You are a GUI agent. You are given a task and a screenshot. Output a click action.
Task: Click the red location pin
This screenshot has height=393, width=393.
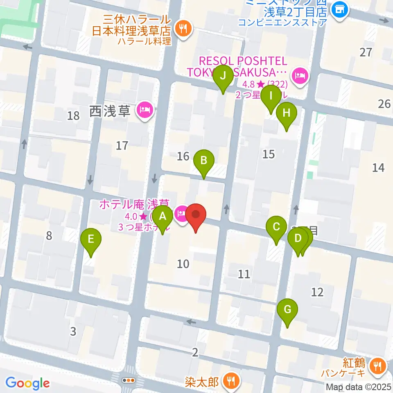(x=196, y=215)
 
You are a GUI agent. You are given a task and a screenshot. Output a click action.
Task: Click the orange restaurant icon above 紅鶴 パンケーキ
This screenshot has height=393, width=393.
(x=376, y=365)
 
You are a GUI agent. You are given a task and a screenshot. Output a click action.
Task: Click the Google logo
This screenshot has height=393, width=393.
(x=28, y=383)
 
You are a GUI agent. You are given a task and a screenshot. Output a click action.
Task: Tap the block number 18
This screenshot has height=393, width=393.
(x=74, y=115)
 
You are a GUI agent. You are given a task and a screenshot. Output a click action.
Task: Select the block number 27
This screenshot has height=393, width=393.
(x=366, y=52)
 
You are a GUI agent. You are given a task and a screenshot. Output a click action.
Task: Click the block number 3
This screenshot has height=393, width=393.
(x=73, y=331)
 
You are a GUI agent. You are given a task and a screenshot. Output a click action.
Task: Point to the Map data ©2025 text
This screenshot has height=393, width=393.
(x=358, y=386)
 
